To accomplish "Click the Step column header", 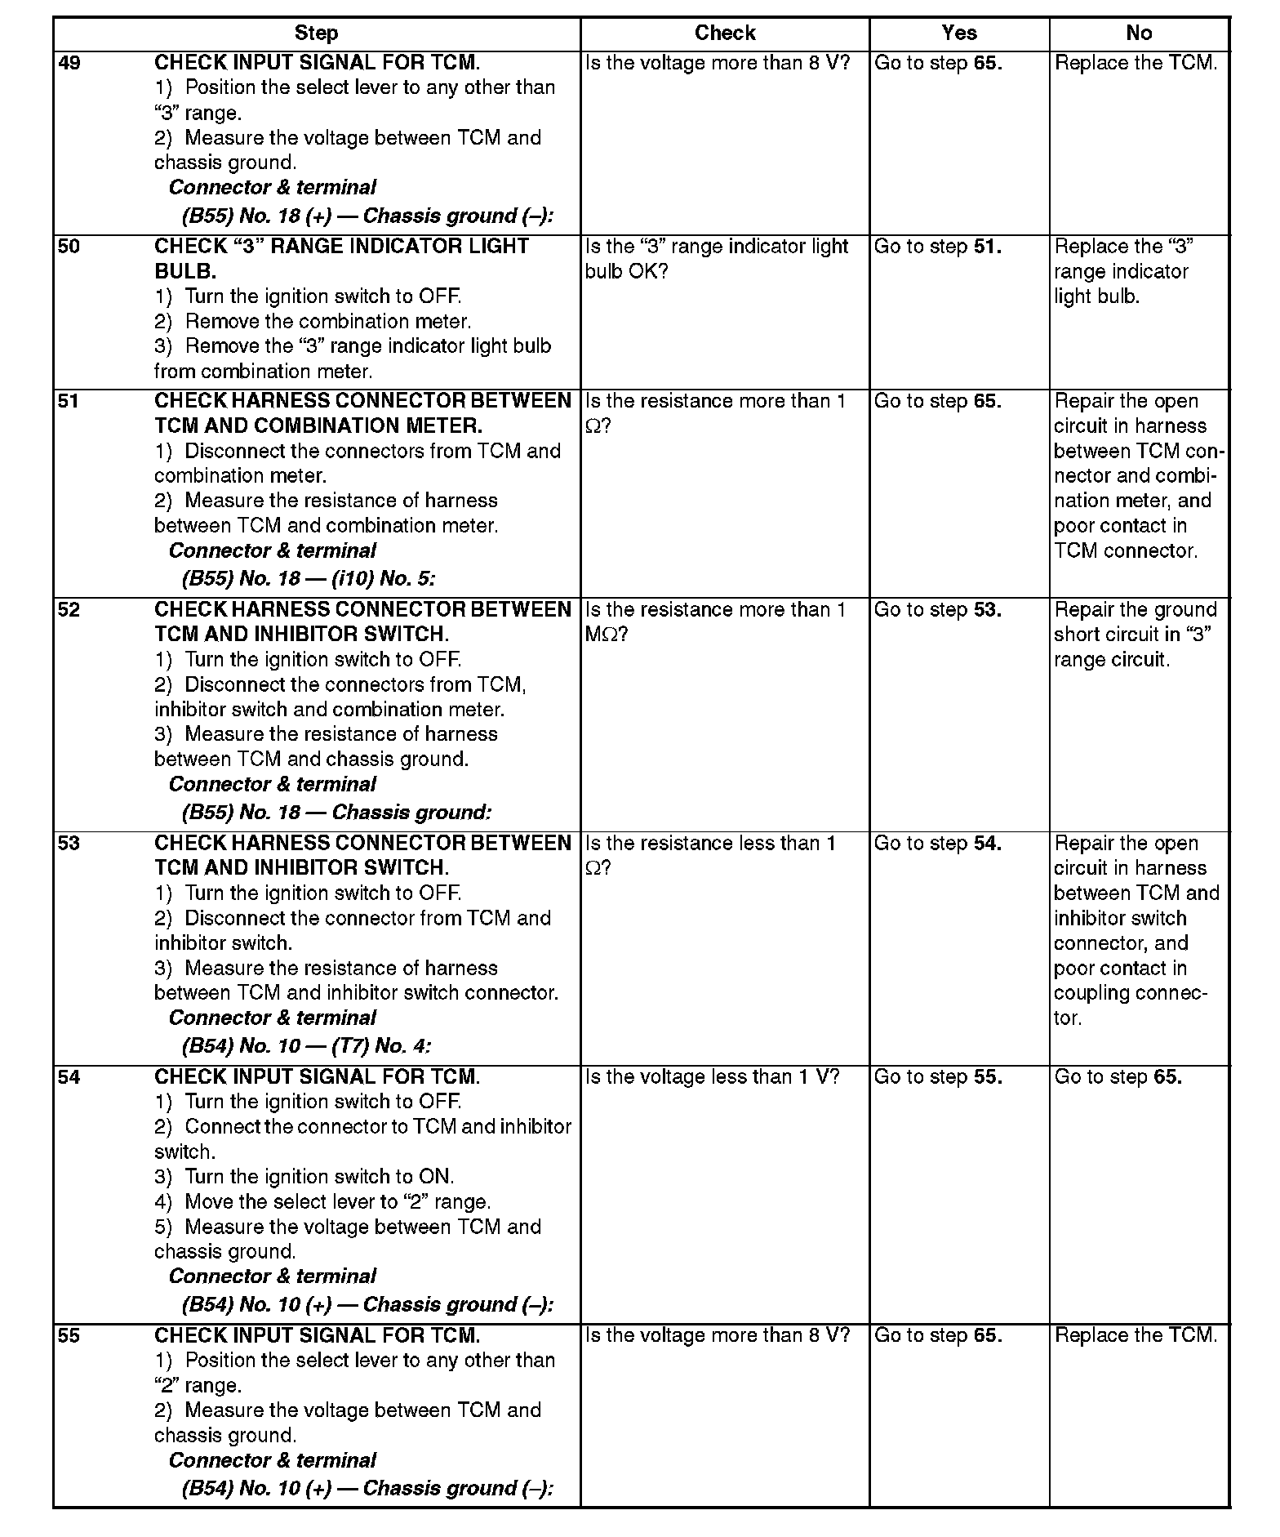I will [316, 33].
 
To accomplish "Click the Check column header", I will [725, 33].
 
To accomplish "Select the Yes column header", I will [958, 33].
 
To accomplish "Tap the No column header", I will [1139, 33].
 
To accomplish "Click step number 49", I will [70, 63].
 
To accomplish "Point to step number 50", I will [70, 247].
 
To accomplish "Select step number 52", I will [70, 610].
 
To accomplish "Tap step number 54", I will [70, 1077].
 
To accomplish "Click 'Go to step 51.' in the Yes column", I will [937, 247].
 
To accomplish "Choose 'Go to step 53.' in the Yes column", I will [937, 610].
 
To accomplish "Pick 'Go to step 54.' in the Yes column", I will [937, 844].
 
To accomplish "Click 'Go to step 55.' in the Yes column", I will [937, 1077].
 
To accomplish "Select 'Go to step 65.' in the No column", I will [1118, 1077].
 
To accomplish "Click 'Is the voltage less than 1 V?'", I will [712, 1077].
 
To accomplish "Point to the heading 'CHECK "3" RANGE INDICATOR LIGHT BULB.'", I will [341, 258].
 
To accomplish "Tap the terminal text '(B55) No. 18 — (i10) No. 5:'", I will [309, 579].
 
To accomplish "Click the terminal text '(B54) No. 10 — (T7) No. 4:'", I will [306, 1046].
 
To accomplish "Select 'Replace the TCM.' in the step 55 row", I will [1136, 1335].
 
